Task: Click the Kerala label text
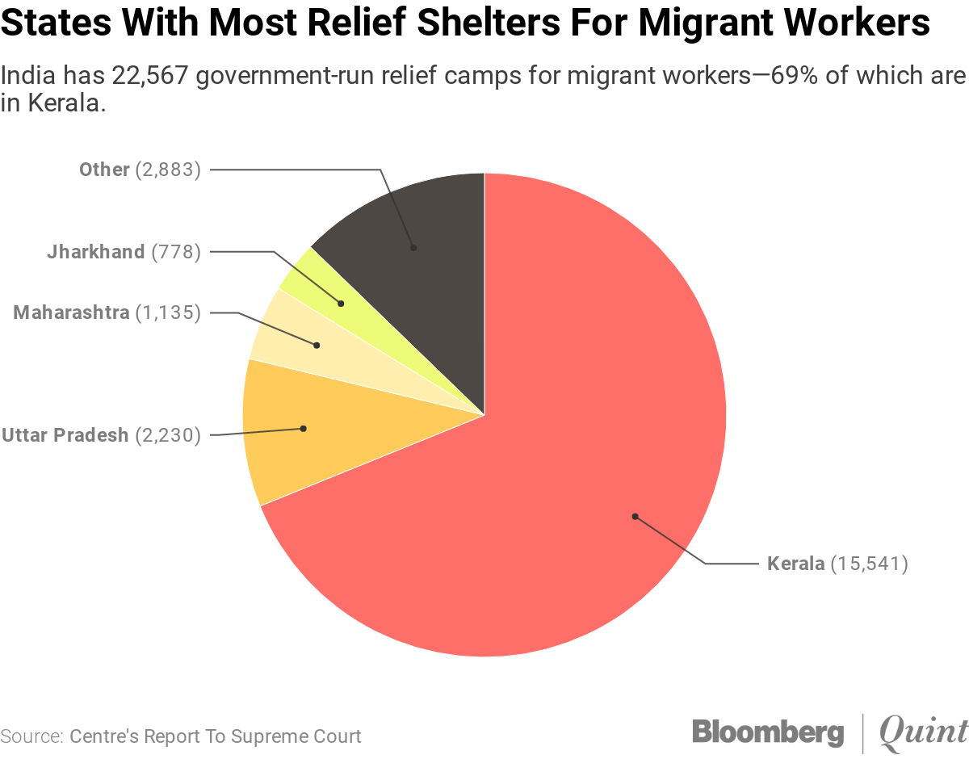click(x=795, y=564)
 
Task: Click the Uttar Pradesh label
click(x=65, y=435)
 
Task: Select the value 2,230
click(x=167, y=435)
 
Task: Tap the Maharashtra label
click(x=71, y=312)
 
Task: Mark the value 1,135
click(x=167, y=312)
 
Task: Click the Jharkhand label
click(x=95, y=252)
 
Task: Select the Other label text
click(x=104, y=170)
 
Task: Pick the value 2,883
click(x=167, y=170)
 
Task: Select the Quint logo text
click(x=922, y=733)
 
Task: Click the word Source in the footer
click(x=31, y=736)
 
